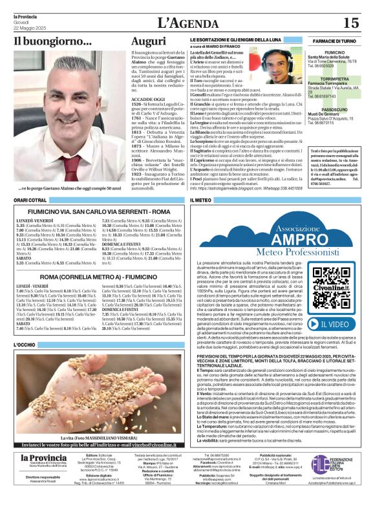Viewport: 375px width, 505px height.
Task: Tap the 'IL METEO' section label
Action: (x=201, y=201)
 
